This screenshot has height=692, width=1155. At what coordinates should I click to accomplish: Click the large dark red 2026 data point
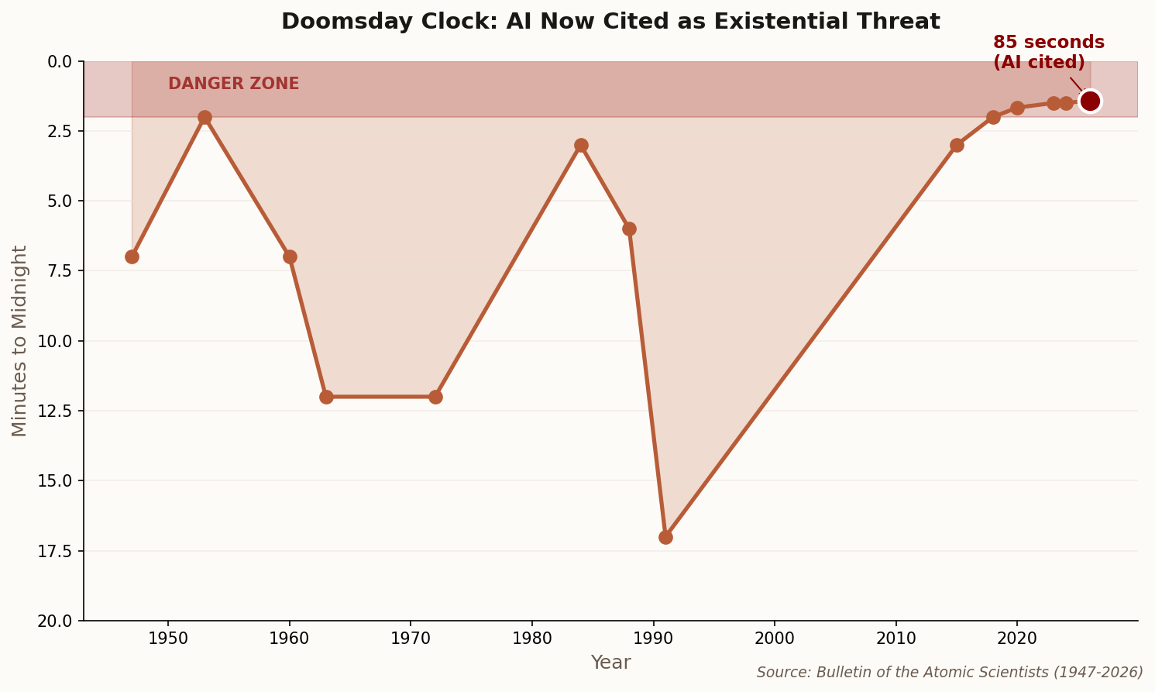[1090, 101]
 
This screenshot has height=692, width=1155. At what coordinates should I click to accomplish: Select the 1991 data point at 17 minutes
[665, 537]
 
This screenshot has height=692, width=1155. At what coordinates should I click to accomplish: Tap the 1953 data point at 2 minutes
[205, 117]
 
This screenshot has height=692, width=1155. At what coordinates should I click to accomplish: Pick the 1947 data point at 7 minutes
[132, 256]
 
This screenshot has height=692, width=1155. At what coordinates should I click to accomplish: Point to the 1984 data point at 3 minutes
[581, 145]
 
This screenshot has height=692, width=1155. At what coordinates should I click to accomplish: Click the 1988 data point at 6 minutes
[629, 229]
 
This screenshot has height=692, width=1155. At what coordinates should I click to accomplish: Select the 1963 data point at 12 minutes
[326, 397]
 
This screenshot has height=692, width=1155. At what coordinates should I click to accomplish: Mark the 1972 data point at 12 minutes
[435, 397]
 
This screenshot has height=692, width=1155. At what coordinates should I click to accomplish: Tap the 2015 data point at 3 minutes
[957, 145]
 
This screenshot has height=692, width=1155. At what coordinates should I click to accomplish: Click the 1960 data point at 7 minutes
[290, 256]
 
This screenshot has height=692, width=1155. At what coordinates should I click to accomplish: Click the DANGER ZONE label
[233, 84]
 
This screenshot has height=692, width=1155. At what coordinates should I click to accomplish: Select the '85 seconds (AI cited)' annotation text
[1048, 53]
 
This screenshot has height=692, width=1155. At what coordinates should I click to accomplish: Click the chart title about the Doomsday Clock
[610, 22]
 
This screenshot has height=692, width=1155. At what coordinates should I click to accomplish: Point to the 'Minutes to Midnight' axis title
[20, 341]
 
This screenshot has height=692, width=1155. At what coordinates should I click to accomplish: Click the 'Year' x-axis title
[610, 663]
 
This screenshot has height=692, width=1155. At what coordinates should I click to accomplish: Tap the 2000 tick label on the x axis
[775, 639]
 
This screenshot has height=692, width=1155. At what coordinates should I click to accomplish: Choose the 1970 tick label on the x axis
[411, 639]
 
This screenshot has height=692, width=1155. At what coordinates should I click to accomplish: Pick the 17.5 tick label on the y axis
[55, 551]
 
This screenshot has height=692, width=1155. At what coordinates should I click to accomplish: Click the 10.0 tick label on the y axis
[55, 341]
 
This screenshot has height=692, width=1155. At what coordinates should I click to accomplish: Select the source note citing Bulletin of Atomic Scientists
[950, 673]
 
